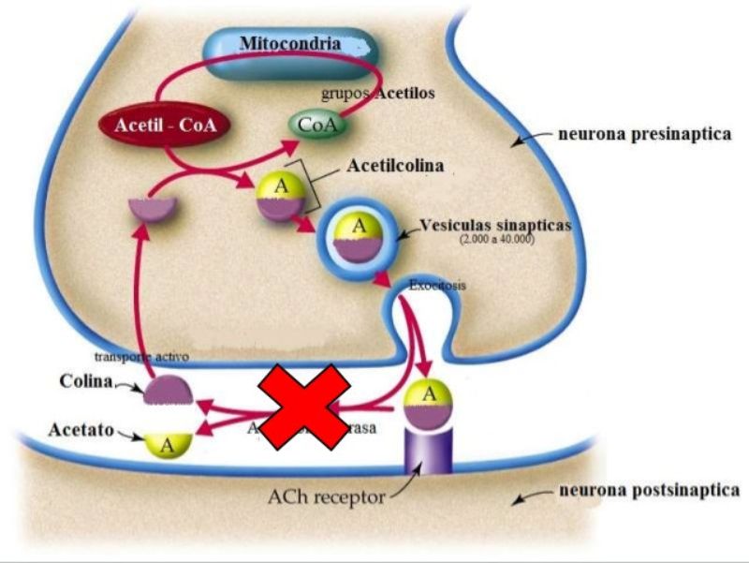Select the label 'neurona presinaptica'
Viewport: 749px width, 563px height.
(644, 134)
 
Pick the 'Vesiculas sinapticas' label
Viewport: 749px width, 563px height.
(495, 226)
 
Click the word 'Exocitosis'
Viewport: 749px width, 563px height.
(437, 284)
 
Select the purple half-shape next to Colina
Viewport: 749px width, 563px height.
(168, 389)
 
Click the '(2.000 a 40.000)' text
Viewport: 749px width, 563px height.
(496, 241)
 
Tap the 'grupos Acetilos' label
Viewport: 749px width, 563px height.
(378, 94)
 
